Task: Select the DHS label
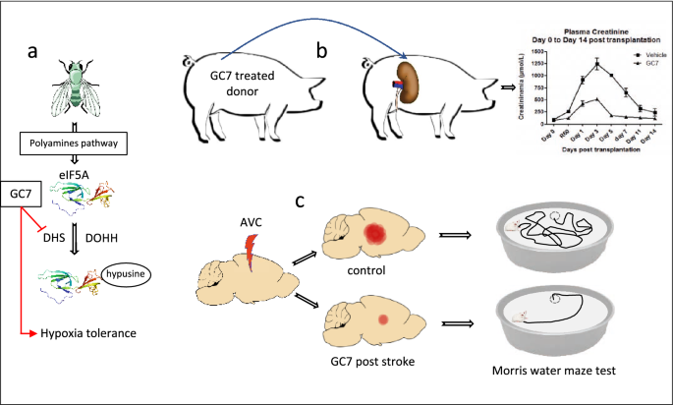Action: (55, 236)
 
